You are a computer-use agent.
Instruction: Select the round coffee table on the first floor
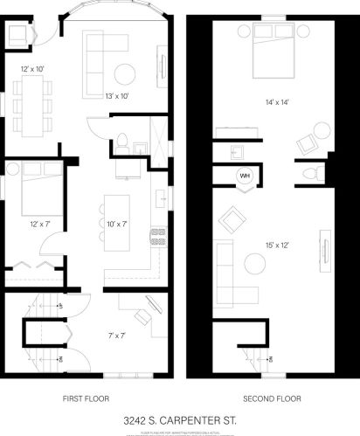pos(125,71)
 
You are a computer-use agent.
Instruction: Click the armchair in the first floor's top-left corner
pos(18,37)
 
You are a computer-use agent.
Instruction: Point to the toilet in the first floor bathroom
pos(124,140)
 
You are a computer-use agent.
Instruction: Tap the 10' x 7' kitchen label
pos(118,225)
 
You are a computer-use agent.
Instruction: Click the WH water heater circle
pos(245,175)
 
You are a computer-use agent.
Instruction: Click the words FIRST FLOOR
pos(85,398)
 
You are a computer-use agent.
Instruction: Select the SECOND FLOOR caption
pos(272,398)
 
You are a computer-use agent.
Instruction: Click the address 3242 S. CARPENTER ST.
pos(179,420)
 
